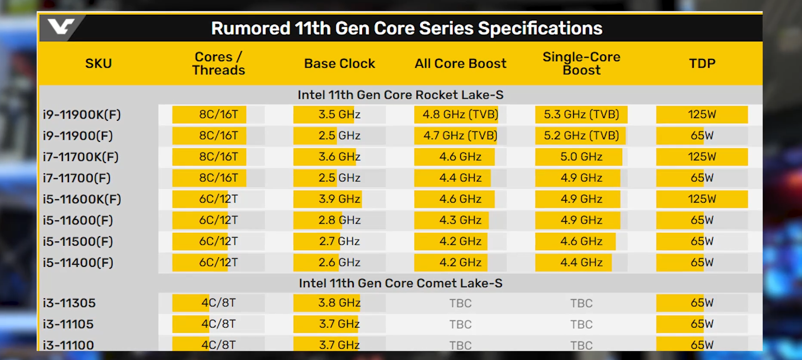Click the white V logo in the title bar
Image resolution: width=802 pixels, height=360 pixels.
pyautogui.click(x=61, y=27)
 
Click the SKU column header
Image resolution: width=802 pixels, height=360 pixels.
pyautogui.click(x=98, y=63)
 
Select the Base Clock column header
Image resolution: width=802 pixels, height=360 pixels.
pyautogui.click(x=339, y=63)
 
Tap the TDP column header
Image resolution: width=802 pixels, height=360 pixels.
pyautogui.click(x=702, y=63)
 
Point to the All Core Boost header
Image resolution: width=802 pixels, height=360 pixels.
pyautogui.click(x=460, y=63)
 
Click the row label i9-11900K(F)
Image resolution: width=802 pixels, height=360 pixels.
pyautogui.click(x=82, y=115)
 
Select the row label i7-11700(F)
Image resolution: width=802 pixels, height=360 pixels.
pyautogui.click(x=77, y=178)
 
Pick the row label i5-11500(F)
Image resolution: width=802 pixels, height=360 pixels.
pyautogui.click(x=78, y=241)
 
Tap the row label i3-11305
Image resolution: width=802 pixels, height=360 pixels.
pyautogui.click(x=69, y=303)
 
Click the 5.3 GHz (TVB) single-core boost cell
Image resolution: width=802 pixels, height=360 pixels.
pyautogui.click(x=581, y=115)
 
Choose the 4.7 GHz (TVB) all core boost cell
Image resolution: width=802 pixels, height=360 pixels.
pyautogui.click(x=460, y=136)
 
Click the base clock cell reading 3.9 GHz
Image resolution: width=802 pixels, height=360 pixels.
pyautogui.click(x=339, y=199)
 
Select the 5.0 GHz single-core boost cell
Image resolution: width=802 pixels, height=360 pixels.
pyautogui.click(x=581, y=157)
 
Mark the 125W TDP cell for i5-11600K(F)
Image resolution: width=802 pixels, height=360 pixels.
pyautogui.click(x=702, y=199)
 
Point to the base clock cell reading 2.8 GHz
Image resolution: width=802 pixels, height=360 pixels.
pyautogui.click(x=339, y=220)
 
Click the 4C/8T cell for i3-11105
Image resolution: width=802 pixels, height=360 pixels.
pyautogui.click(x=219, y=324)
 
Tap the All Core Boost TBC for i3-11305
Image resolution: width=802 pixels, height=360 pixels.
pyautogui.click(x=460, y=303)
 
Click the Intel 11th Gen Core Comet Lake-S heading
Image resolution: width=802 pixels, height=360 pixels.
pyautogui.click(x=401, y=283)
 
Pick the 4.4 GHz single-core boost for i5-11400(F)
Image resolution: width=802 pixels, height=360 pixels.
pyautogui.click(x=581, y=263)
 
